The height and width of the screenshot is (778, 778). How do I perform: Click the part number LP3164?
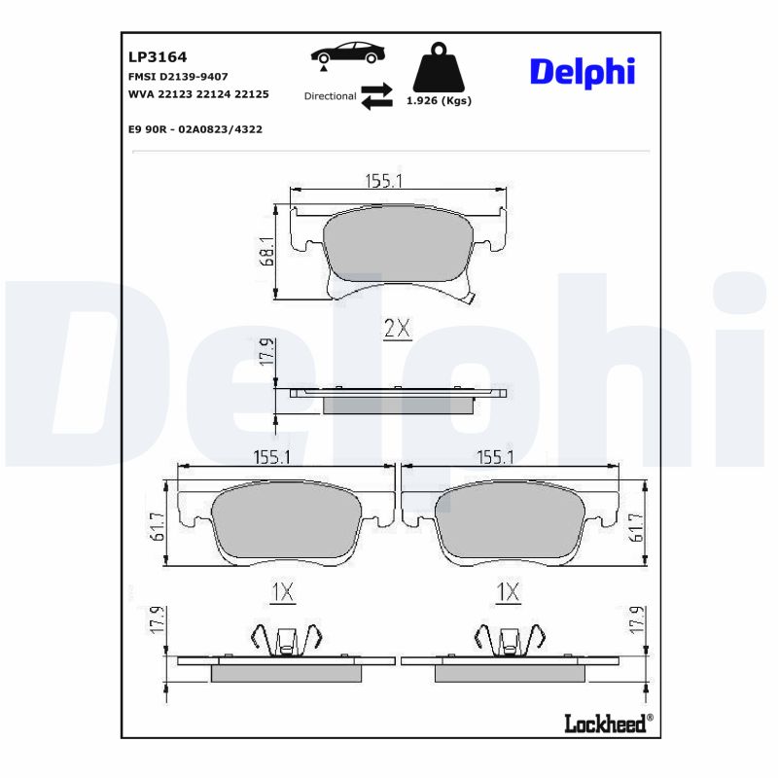pos(151,56)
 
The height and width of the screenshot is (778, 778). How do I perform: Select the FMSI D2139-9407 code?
pos(178,76)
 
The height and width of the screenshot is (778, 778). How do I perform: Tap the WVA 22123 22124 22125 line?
pos(198,94)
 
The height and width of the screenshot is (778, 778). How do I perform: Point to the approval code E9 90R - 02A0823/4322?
pos(194,128)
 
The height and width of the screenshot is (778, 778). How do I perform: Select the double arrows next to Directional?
pos(376,96)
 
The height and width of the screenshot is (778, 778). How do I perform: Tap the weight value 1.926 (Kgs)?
pos(439,101)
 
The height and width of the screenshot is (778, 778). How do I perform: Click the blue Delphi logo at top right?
pos(582,71)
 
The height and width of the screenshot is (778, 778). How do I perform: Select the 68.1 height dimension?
pos(265,252)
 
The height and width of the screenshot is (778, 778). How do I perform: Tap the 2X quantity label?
pos(397,330)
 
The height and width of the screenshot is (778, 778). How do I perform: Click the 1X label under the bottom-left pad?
pos(281,591)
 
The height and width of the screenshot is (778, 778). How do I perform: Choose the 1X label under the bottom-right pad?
pos(509,591)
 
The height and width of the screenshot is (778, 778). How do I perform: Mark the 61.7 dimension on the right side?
pos(637,528)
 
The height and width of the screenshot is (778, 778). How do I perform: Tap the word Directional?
pos(330,96)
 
